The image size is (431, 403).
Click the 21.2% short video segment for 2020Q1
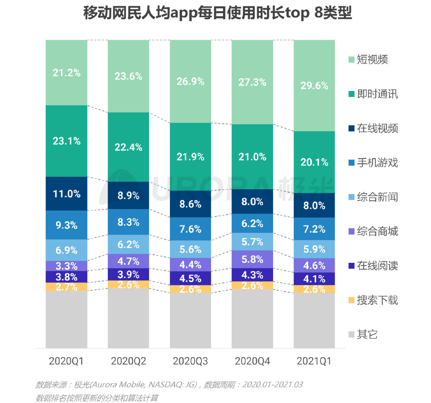point(66,73)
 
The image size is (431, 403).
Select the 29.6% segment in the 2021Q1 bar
point(314,86)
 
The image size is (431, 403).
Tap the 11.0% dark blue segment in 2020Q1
point(66,194)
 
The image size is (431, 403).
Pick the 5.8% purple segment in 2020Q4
point(252,259)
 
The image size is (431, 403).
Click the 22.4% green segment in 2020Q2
point(128,147)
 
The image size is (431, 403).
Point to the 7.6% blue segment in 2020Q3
point(190,229)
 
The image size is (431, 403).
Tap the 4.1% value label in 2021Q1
point(314,279)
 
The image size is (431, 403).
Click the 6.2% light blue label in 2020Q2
point(128,245)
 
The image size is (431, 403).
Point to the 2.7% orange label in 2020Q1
point(66,287)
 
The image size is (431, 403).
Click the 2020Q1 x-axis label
point(66,361)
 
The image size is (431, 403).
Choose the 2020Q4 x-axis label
point(252,361)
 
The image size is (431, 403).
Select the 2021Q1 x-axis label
point(314,361)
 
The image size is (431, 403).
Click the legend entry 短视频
point(372,60)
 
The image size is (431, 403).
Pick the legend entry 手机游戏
point(377,163)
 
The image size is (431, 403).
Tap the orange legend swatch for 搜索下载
point(351,300)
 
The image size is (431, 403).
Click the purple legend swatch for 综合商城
point(351,231)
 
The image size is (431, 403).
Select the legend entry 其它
point(367,334)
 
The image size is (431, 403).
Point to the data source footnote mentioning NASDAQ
point(169,385)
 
